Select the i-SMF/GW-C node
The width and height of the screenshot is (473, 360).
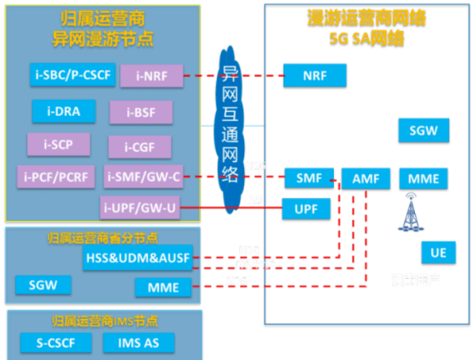(x=140, y=177)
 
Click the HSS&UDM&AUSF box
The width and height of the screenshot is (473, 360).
(x=137, y=258)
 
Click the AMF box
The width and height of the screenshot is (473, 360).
(x=365, y=178)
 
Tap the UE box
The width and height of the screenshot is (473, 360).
(x=438, y=253)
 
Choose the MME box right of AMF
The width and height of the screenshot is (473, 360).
(x=423, y=178)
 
